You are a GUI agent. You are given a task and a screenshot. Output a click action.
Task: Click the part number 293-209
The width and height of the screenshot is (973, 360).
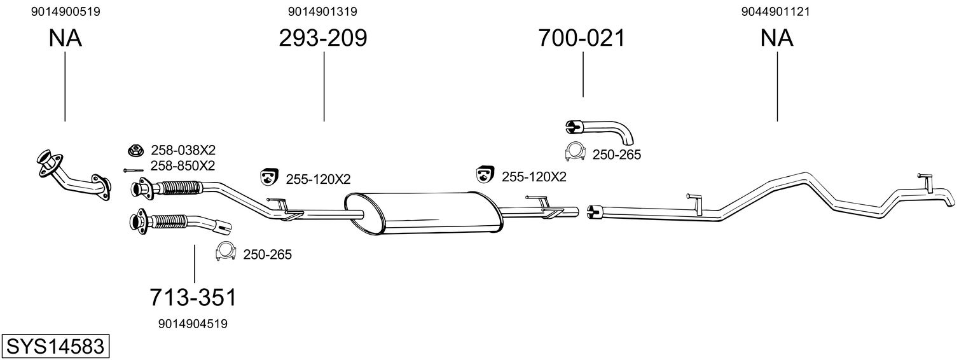click(323, 39)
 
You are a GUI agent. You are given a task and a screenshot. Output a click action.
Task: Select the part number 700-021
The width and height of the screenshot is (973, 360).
click(582, 39)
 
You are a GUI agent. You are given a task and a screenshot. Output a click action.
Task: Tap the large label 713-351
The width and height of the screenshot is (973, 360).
click(193, 297)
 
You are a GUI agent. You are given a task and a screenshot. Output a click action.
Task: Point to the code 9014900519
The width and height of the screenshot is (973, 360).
click(65, 11)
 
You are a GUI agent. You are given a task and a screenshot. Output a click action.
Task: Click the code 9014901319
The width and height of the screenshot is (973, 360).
click(322, 11)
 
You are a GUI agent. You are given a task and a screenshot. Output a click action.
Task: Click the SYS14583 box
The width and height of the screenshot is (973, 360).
click(55, 347)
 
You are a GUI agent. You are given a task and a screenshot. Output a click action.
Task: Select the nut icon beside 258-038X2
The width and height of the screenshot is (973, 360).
click(135, 151)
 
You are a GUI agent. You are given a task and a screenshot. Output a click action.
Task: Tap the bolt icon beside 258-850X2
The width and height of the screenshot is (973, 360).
click(134, 170)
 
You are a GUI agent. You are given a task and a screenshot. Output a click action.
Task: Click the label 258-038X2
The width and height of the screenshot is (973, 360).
click(183, 151)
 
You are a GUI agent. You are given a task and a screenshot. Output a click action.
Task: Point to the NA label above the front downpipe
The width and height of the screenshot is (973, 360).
click(65, 39)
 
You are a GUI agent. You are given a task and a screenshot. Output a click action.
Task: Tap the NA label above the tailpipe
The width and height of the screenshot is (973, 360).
click(776, 39)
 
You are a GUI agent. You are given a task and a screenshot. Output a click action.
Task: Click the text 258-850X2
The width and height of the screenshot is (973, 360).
click(183, 166)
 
